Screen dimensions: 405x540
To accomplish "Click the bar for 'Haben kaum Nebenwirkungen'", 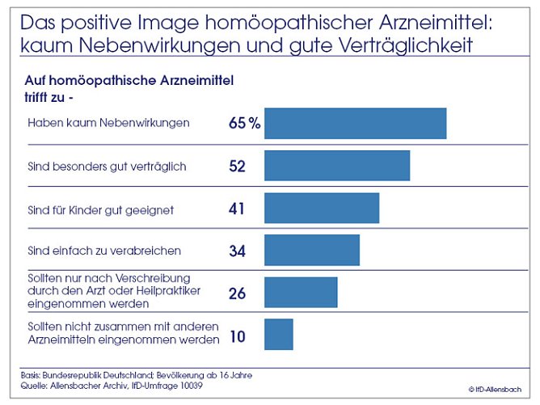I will point(356,123).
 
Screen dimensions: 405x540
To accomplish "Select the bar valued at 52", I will point(337,166).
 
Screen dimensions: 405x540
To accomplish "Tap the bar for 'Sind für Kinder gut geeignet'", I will point(322,208).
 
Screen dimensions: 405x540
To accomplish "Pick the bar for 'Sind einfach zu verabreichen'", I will point(312,251).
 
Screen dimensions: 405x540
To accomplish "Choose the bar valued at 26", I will point(301,293).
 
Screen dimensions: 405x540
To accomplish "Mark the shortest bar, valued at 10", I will point(279,335).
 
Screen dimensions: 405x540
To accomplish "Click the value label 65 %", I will point(244,124).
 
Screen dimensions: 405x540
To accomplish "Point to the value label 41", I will point(237,209).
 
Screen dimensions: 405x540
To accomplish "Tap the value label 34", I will point(237,251).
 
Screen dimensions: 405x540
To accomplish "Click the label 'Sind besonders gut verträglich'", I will point(108,167).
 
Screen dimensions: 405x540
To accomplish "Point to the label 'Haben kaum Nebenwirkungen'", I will point(108,124).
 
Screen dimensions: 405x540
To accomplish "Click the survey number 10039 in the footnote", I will point(190,386).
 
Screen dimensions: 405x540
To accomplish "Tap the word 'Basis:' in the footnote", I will point(32,376).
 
